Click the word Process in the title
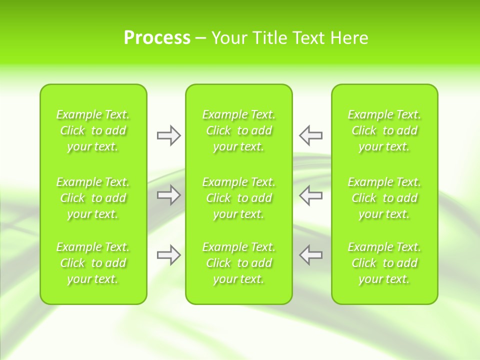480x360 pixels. coord(157,38)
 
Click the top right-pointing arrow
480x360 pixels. coord(168,135)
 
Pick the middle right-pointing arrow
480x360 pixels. coord(168,195)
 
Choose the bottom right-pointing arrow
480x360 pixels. coord(168,255)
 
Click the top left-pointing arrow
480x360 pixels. coord(310,135)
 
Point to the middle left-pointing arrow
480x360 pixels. coord(310,195)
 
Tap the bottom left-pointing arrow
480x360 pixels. coord(310,255)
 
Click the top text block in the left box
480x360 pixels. coord(93,130)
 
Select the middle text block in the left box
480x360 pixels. coord(93,198)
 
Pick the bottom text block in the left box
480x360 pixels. coord(93,263)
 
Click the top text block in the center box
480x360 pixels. coord(239,130)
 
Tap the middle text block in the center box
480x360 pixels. coord(239,198)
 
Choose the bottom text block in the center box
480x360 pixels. coord(239,263)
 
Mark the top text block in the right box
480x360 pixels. coord(384,130)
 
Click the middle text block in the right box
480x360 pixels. coord(384,198)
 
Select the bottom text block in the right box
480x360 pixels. coord(384,263)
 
